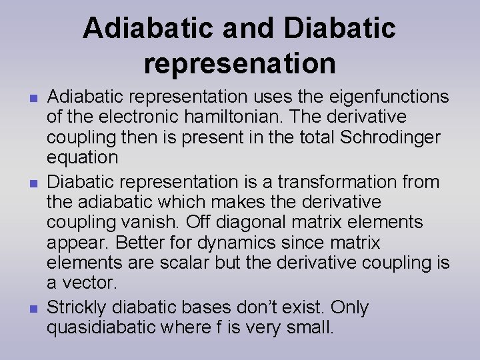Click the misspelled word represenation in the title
pos(239,63)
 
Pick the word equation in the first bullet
pos(82,158)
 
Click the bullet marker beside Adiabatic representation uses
pos(32,97)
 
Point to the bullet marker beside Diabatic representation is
pos(32,182)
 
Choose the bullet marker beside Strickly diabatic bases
pos(32,307)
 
